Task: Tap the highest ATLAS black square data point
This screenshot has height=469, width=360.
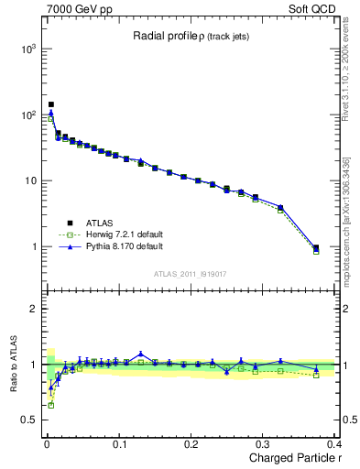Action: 51,104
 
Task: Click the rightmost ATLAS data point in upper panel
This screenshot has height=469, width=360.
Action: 316,247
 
